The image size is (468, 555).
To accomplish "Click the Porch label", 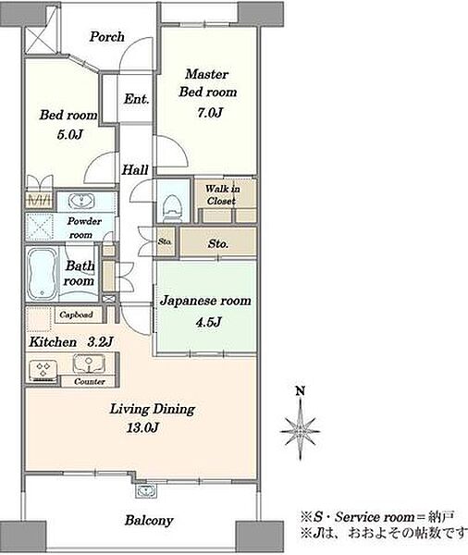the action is point(107,37).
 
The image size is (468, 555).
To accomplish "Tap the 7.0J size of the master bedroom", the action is point(210,113).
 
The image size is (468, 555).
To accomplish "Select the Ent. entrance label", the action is point(136,99).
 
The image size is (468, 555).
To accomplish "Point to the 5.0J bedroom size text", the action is point(70,134).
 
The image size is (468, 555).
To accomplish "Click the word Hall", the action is point(135,170).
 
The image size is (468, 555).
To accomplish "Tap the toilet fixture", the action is point(173,208).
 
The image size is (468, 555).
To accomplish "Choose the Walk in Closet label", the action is point(222,194).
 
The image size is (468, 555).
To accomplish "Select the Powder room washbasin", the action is point(81,201).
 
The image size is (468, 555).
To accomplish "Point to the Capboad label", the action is point(76,314).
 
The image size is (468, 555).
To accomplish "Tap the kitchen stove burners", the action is point(43,369).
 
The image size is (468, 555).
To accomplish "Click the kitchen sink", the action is point(89,364).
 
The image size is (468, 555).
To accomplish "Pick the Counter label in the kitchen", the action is point(90,381).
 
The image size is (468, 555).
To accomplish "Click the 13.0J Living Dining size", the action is point(142,427).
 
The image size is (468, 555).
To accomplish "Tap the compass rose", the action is point(301,430).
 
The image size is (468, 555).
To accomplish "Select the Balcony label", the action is point(149,520).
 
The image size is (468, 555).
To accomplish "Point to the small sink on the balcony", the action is point(145,491).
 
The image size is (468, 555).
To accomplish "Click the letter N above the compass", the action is point(301,391).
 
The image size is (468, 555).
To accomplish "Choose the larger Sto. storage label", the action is point(217,243).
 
